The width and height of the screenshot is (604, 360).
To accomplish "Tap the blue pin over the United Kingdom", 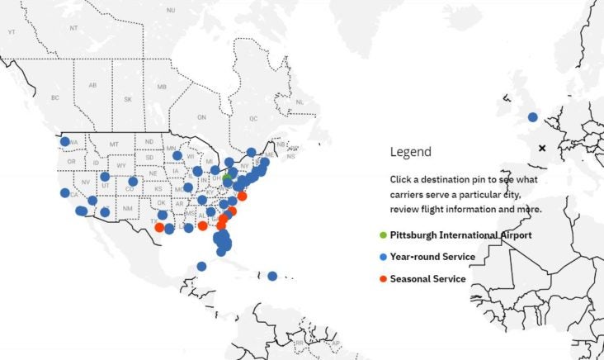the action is tap(533, 117).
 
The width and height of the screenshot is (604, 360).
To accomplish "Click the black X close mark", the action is tap(542, 149).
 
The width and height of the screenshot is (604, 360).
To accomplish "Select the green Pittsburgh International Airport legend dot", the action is tap(383, 235).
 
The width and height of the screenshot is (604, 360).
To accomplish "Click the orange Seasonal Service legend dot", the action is tap(383, 279).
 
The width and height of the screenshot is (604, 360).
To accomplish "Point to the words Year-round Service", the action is tap(432, 257).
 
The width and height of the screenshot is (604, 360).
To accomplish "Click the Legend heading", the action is tap(410, 152).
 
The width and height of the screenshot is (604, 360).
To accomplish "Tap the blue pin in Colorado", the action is tap(133, 182).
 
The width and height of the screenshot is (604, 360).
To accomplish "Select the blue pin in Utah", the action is tap(105, 177).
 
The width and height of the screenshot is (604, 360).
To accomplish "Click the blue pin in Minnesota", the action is tap(177, 155).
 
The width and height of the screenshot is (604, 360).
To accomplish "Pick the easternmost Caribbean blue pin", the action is tap(272, 276).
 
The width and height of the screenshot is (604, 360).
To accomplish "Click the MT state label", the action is tap(114, 144).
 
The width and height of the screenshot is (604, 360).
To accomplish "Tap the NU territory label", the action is tap(171, 10).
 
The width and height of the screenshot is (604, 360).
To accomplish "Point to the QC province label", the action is tap(253, 118).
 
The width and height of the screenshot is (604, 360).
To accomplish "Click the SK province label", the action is tap(128, 99).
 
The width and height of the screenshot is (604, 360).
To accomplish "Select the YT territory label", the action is tap(12, 31).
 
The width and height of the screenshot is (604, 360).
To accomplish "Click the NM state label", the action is tap(127, 208).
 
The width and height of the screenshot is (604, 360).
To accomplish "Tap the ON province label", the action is tap(201, 117).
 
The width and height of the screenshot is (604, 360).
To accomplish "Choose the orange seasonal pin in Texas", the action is tap(159, 226).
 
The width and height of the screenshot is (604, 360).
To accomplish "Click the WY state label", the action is tap(122, 166).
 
